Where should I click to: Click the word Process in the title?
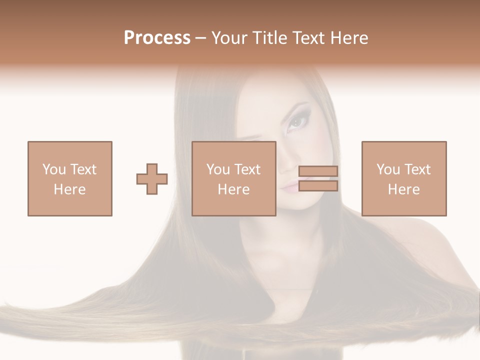coord(157,38)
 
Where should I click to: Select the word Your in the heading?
coord(229,38)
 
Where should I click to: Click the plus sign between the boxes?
coord(152,178)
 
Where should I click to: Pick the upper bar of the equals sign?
coord(318,171)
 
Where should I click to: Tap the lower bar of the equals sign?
coord(318,186)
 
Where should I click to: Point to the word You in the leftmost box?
coord(54,169)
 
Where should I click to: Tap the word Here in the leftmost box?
coord(69,189)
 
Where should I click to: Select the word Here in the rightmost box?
coord(404,189)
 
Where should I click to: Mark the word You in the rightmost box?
coord(388,169)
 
